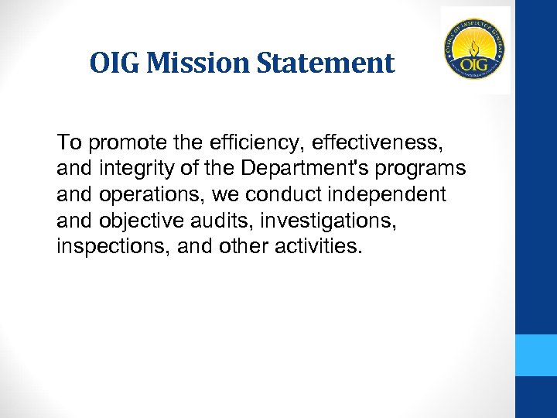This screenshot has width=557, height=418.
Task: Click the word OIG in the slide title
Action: (x=114, y=63)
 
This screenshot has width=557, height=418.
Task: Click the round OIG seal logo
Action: (x=475, y=49)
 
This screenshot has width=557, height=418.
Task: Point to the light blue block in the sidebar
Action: (x=536, y=355)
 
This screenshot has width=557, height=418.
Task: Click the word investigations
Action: (x=327, y=221)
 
